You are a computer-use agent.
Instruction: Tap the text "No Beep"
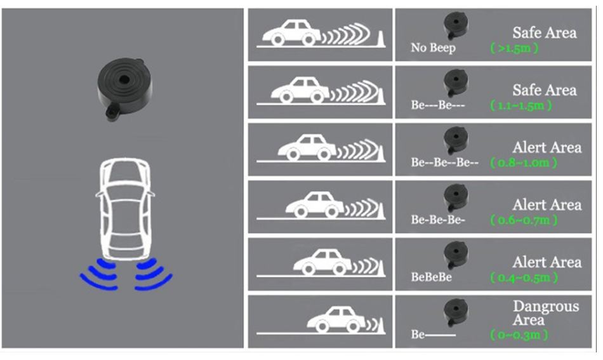pos(432,48)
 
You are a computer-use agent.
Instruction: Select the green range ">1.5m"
pos(515,48)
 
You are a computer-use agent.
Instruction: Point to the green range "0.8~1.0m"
pos(524,163)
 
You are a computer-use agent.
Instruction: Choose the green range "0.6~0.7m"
pos(524,220)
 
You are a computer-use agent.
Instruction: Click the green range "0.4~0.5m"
pos(524,278)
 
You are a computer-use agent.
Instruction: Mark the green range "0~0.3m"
pos(519,335)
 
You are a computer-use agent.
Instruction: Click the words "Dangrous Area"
pos(545,313)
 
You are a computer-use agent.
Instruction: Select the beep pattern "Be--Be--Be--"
pos(444,163)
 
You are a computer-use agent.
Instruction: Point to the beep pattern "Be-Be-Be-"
pos(438,220)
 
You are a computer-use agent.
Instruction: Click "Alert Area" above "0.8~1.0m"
pos(547,147)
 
